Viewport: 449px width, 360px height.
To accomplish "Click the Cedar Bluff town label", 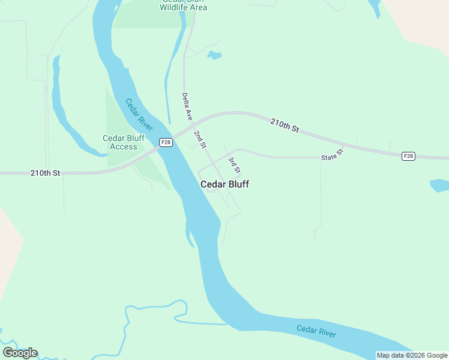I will pos(224,185).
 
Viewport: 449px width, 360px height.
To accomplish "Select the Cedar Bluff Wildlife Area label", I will pos(184,5).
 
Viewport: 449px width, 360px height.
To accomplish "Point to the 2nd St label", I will pos(200,139).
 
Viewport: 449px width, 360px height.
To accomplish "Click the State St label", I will pos(331,156).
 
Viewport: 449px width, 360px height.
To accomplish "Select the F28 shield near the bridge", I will pos(166,142).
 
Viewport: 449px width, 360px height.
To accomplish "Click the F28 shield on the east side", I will pos(408,156).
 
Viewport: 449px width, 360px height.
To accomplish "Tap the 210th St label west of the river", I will pos(46,173).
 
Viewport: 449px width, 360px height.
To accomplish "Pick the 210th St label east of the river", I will pos(284,125).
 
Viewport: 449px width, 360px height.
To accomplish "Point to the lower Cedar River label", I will pos(316,331).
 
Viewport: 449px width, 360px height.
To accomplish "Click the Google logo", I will pos(20,353).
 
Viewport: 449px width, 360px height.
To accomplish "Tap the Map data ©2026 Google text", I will pos(412,355).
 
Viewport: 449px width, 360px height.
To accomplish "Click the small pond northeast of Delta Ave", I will pos(214,56).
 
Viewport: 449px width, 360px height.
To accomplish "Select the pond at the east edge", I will pos(440,185).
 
